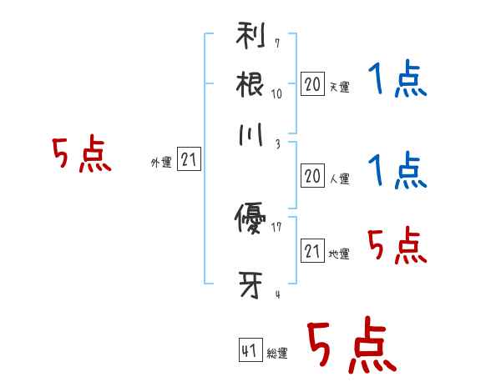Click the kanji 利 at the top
(250, 35)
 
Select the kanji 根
(250, 84)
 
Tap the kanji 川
(250, 134)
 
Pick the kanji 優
(250, 219)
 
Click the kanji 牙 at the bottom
(250, 284)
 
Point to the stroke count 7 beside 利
(277, 43)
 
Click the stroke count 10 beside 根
(276, 94)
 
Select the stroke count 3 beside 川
(278, 144)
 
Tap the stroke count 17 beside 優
(276, 227)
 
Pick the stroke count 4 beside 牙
(278, 294)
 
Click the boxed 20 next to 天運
(312, 83)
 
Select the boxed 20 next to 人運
(312, 176)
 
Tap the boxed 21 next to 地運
(312, 250)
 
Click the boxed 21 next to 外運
(189, 158)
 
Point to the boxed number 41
(250, 349)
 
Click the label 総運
(277, 353)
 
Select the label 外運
(161, 162)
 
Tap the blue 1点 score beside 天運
(397, 78)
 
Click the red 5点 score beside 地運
(397, 245)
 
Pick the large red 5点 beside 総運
(352, 344)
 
